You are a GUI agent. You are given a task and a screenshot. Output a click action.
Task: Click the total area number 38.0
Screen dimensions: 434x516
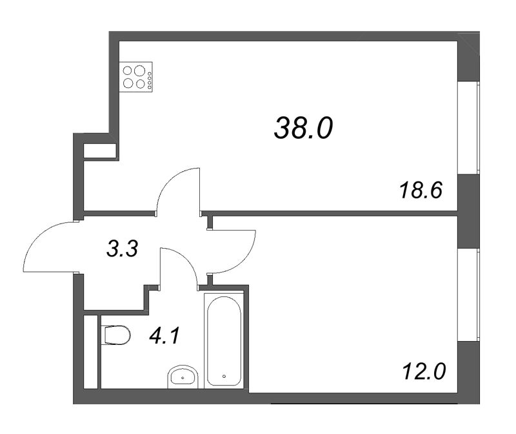pos(303,129)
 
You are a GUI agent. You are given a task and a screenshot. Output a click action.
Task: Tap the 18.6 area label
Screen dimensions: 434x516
pos(419,191)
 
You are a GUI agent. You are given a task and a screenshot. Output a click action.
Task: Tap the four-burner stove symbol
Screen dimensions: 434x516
pos(137,77)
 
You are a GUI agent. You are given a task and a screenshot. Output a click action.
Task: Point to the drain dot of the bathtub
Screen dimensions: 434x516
pos(223,375)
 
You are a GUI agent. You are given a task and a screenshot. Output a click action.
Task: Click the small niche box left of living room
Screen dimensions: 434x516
pos(99,151)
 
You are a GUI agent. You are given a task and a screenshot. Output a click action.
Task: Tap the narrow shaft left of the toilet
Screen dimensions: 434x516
pos(91,352)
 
